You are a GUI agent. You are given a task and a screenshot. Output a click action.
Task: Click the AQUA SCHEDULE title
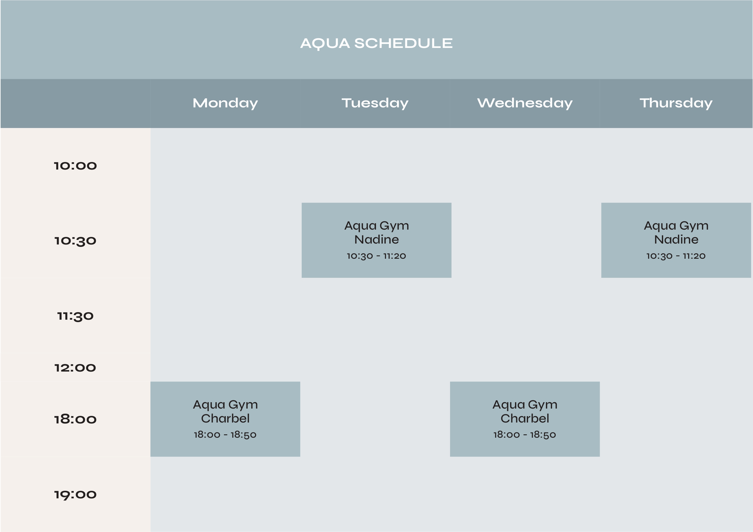point(376,44)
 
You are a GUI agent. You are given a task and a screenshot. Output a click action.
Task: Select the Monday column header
point(225,103)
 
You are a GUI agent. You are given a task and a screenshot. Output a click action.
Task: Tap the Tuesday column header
point(375,103)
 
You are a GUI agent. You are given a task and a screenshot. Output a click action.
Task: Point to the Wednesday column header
point(525,103)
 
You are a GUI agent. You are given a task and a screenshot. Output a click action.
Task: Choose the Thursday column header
point(676,103)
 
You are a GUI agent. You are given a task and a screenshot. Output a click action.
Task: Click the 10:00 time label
point(76,166)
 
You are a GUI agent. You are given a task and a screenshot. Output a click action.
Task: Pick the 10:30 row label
point(76,241)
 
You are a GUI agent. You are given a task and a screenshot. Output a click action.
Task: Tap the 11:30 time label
point(76,316)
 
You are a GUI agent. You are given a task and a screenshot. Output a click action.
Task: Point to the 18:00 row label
point(76,419)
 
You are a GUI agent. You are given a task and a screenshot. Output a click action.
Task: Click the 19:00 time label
point(76,495)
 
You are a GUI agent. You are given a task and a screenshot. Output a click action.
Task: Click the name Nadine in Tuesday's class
point(376,239)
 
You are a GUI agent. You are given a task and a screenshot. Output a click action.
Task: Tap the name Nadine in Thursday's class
point(676,239)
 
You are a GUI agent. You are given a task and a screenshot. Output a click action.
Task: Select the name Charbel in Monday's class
point(225,418)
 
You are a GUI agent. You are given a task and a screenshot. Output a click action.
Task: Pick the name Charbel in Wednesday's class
point(525,418)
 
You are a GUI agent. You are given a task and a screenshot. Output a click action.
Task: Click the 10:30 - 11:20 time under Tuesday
point(376,256)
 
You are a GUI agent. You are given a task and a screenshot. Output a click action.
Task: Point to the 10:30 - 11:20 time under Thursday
point(676,256)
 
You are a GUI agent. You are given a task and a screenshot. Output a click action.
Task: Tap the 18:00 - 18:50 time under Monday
point(225,435)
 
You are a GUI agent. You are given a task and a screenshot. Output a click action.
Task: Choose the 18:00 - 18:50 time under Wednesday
point(525,435)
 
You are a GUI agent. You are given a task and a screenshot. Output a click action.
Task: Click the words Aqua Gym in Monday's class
point(225,405)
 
